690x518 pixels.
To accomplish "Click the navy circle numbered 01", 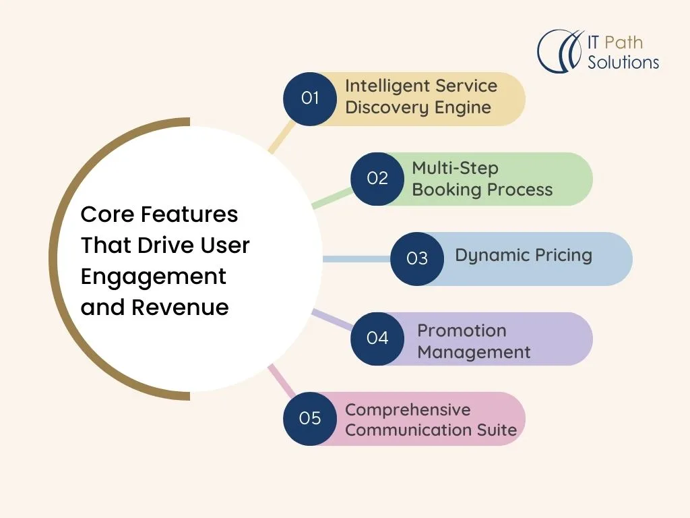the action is [310, 99].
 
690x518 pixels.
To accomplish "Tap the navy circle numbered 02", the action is [377, 179].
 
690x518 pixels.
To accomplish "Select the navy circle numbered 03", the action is [416, 259].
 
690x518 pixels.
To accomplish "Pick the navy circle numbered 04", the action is [377, 339].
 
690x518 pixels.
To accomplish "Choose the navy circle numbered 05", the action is [310, 418].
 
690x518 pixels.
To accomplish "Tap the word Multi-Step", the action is [455, 169].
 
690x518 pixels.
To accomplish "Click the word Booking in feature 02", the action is [447, 190].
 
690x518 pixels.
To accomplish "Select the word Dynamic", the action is [487, 256].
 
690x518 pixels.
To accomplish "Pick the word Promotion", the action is [462, 330].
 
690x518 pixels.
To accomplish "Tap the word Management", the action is [474, 352].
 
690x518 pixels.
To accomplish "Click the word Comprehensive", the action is [408, 410].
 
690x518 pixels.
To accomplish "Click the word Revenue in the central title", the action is [180, 308].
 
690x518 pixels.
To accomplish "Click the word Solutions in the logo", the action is [623, 62].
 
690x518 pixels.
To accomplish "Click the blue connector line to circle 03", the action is [356, 259].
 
